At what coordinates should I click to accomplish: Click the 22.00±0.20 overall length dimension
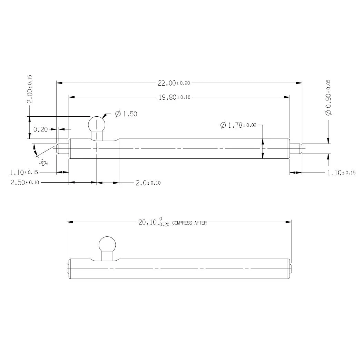pyautogui.click(x=174, y=83)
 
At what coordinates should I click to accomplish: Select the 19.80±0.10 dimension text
pyautogui.click(x=175, y=97)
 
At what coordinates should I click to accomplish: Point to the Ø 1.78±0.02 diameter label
pyautogui.click(x=238, y=125)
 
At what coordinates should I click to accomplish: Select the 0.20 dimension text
pyautogui.click(x=40, y=129)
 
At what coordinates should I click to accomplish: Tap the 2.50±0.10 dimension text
pyautogui.click(x=25, y=183)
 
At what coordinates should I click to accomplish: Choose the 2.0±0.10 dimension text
pyautogui.click(x=148, y=183)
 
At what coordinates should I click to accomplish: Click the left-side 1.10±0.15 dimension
pyautogui.click(x=25, y=172)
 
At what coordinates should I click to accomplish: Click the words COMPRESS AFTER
pyautogui.click(x=189, y=223)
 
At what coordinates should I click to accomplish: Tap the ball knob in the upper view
pyautogui.click(x=97, y=124)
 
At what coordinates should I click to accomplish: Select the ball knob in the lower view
pyautogui.click(x=107, y=245)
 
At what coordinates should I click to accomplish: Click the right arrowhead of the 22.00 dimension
pyautogui.click(x=300, y=83)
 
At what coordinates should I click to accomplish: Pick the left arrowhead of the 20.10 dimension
pyautogui.click(x=69, y=222)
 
